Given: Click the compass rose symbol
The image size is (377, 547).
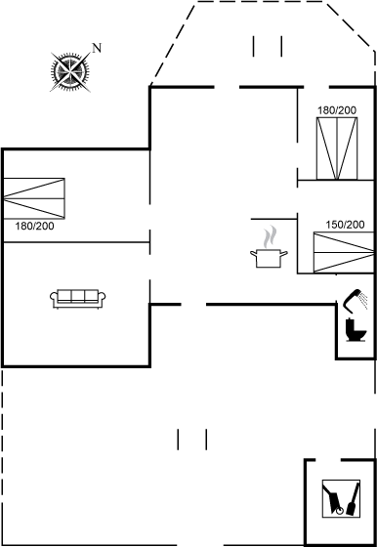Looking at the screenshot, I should coord(70,70).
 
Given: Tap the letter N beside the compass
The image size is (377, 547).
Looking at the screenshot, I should coord(96,47).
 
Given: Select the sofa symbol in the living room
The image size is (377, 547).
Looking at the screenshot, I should coord(77,298).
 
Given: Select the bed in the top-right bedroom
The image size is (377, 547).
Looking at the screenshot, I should coord(336,148).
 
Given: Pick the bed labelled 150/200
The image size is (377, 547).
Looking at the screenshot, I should coord(339,253).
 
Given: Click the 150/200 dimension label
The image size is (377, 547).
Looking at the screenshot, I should coord(345,225).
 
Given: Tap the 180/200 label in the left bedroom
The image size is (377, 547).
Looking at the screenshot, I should coord(35,226).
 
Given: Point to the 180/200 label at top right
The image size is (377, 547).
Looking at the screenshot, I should coord(337,110).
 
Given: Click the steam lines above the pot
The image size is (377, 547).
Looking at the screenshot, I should coord(272,237).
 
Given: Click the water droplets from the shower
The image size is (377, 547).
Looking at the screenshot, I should coord(363,297).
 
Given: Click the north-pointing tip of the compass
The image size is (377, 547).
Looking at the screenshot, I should coord(88,53).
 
